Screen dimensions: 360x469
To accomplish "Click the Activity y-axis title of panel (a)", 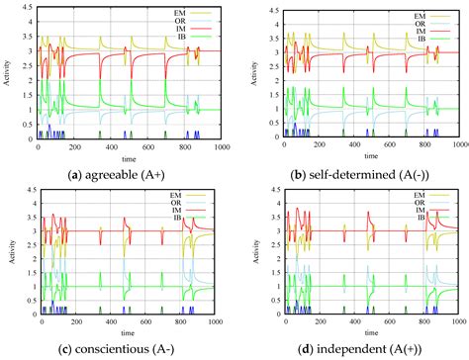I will [9, 79].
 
